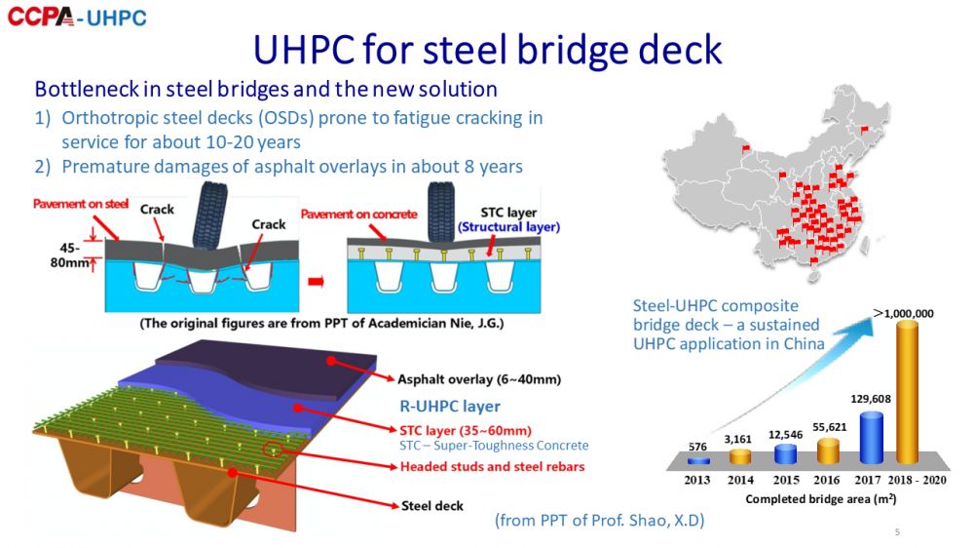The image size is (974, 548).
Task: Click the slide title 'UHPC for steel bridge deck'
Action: click(487, 48)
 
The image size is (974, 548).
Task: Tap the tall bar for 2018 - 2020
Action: click(907, 391)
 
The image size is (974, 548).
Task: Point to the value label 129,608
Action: click(871, 398)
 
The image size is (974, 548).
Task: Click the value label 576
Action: click(697, 448)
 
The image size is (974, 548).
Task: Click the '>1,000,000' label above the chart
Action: click(903, 313)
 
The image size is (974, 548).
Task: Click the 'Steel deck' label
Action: click(432, 506)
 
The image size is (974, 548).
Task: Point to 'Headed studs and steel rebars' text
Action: click(492, 466)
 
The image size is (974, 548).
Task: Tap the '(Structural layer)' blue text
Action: click(508, 227)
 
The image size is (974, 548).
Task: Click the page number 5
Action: click(897, 532)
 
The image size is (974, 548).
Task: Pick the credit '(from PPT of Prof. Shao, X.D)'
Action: click(599, 521)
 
